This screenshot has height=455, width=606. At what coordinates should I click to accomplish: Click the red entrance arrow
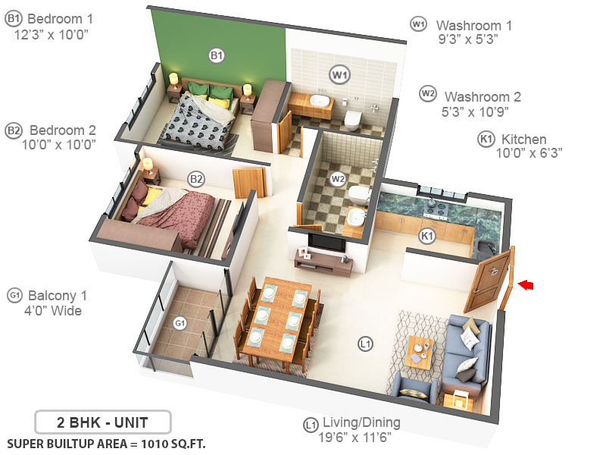525,284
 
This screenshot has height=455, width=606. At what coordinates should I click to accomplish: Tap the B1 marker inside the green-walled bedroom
217,55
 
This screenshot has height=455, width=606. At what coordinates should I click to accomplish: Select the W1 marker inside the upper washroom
339,74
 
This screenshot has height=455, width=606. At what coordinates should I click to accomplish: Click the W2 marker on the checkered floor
338,179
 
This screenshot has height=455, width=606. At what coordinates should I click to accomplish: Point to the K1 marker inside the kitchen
427,236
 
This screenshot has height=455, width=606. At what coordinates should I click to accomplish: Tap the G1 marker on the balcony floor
180,323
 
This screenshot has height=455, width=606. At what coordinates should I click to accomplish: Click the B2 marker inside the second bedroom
196,179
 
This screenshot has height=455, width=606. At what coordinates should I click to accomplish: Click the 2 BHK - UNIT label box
103,422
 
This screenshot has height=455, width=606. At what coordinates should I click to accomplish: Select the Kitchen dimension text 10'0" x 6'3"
529,153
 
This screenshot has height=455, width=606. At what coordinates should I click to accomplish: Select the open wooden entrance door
491,280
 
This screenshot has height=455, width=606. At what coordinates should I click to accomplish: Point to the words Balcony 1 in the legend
58,295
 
